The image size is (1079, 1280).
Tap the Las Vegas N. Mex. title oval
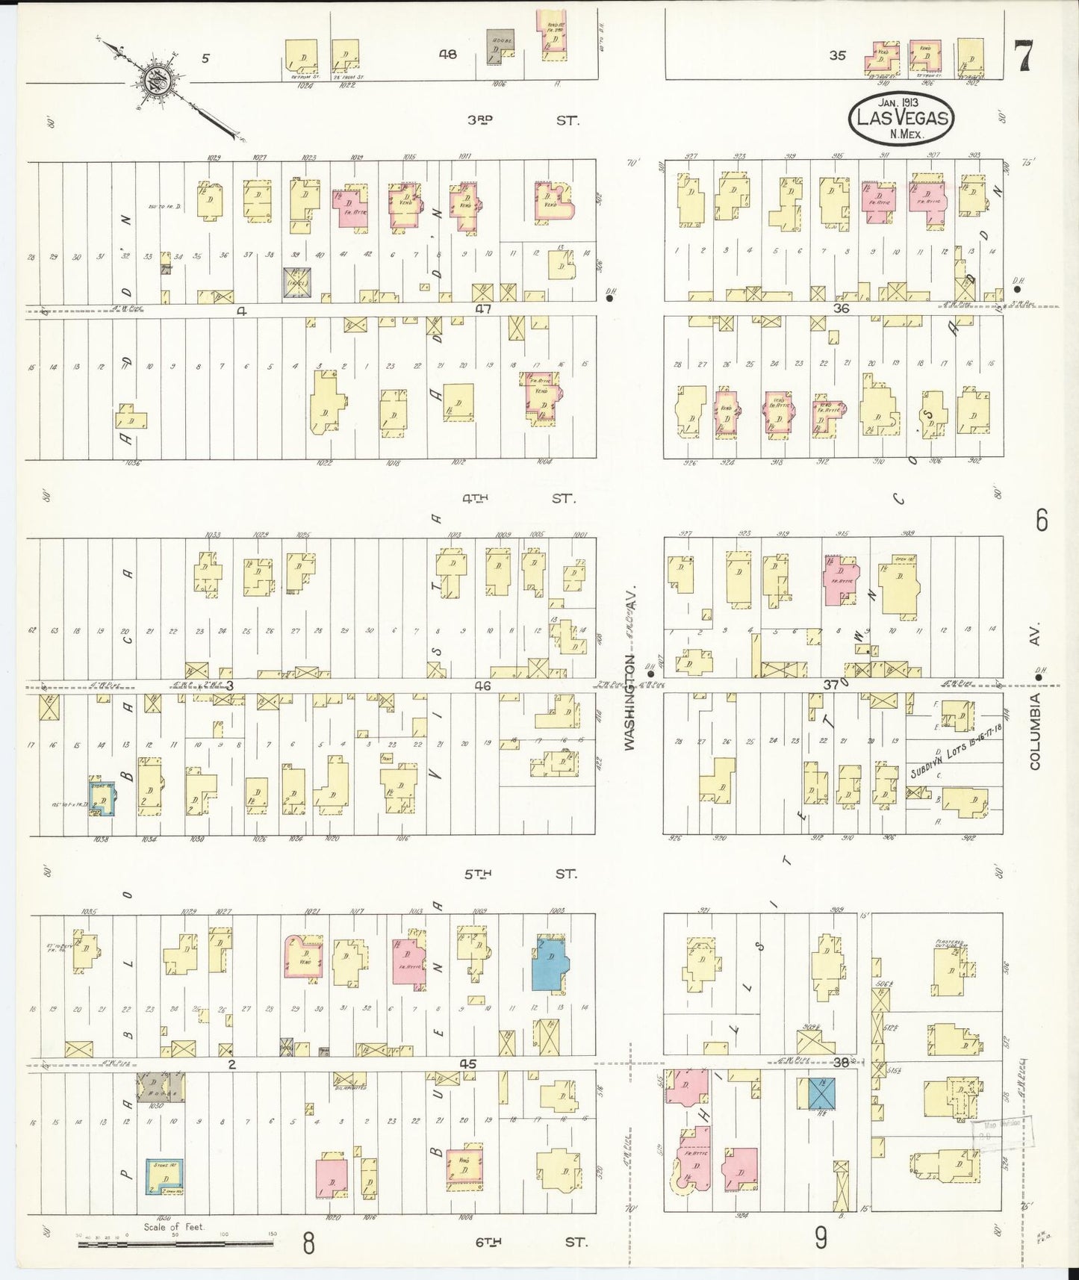pyautogui.click(x=902, y=118)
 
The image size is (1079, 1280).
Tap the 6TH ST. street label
pyautogui.click(x=530, y=1242)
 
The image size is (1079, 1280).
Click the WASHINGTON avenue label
pyautogui.click(x=629, y=702)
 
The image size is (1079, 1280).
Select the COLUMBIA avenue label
pyautogui.click(x=1034, y=730)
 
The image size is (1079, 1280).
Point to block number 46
pyautogui.click(x=483, y=686)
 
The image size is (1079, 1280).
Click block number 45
pyautogui.click(x=468, y=1063)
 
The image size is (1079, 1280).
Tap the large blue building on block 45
pyautogui.click(x=550, y=962)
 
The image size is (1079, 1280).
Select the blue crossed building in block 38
pyautogui.click(x=821, y=1093)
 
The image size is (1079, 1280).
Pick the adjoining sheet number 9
pyautogui.click(x=821, y=1238)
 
